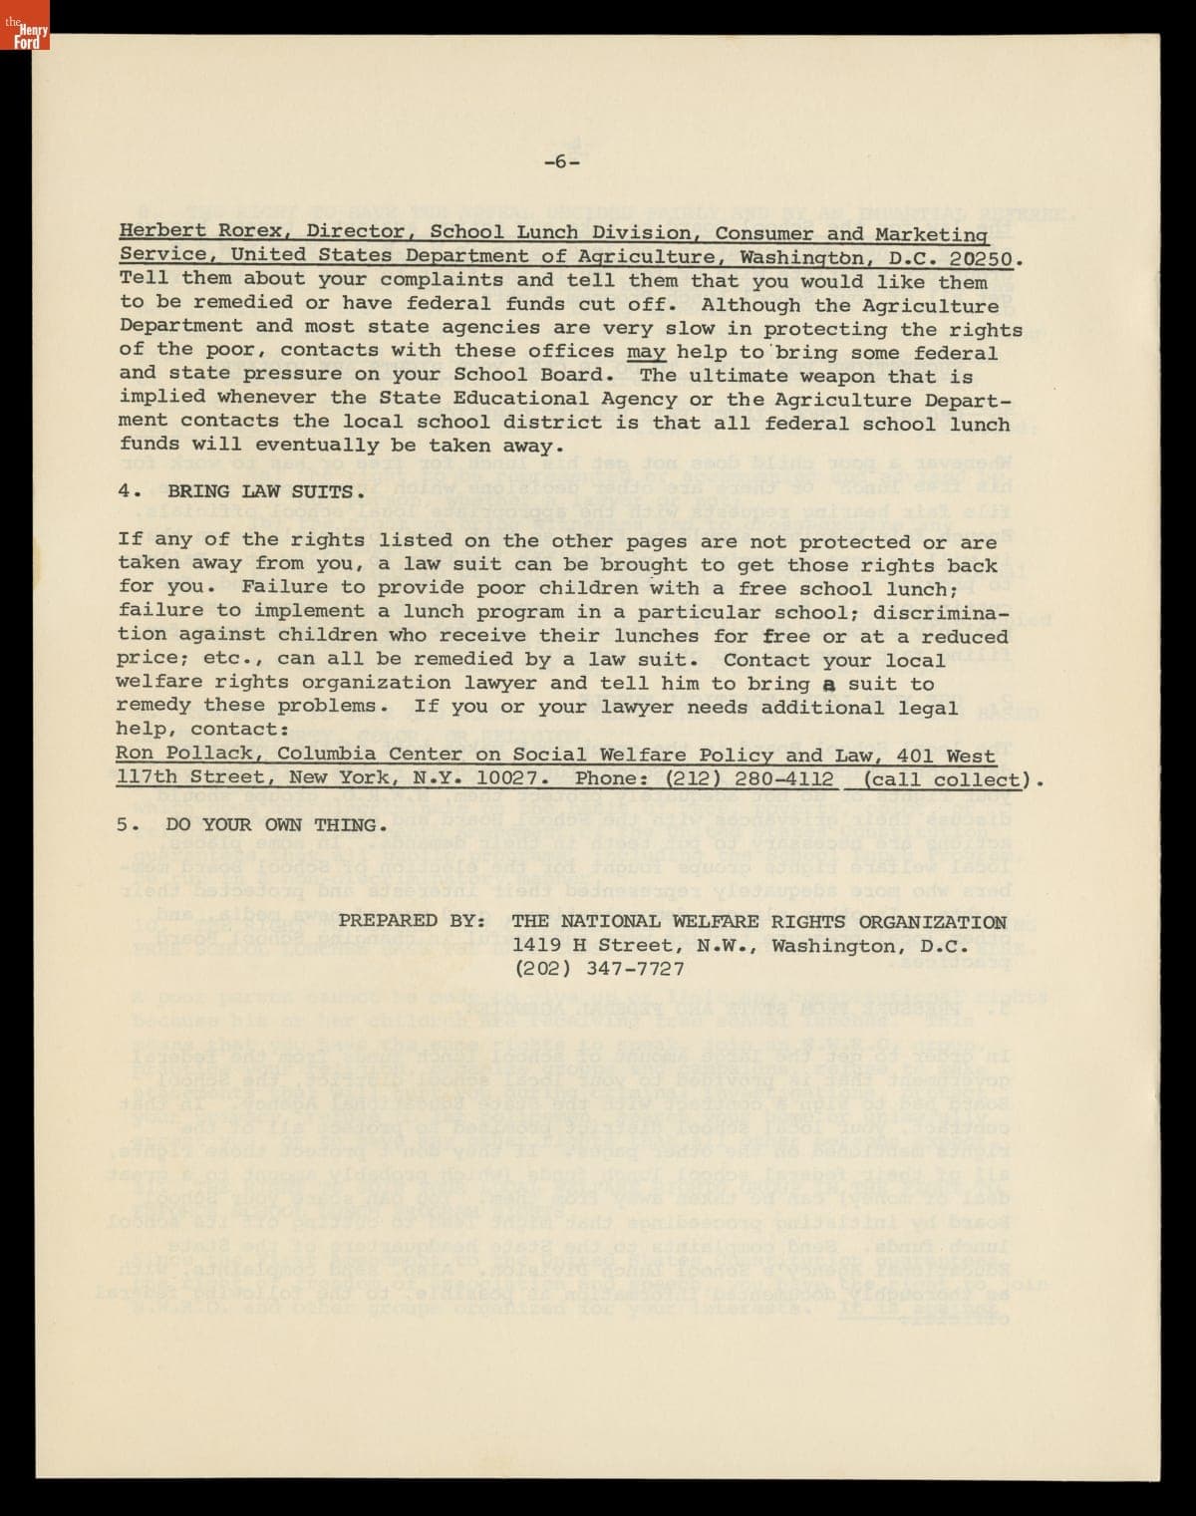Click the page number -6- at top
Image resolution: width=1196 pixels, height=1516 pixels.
pos(561,161)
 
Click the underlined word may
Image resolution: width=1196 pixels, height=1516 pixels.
pos(646,352)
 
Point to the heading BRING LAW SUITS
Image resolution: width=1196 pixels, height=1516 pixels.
pos(265,491)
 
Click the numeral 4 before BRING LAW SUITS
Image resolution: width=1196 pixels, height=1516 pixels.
pos(125,491)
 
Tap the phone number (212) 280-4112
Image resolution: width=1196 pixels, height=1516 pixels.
pos(748,779)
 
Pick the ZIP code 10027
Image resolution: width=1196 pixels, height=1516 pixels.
pos(503,778)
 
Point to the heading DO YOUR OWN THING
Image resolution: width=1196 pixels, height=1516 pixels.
pos(276,825)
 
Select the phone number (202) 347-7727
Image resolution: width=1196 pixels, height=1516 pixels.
pos(599,968)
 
